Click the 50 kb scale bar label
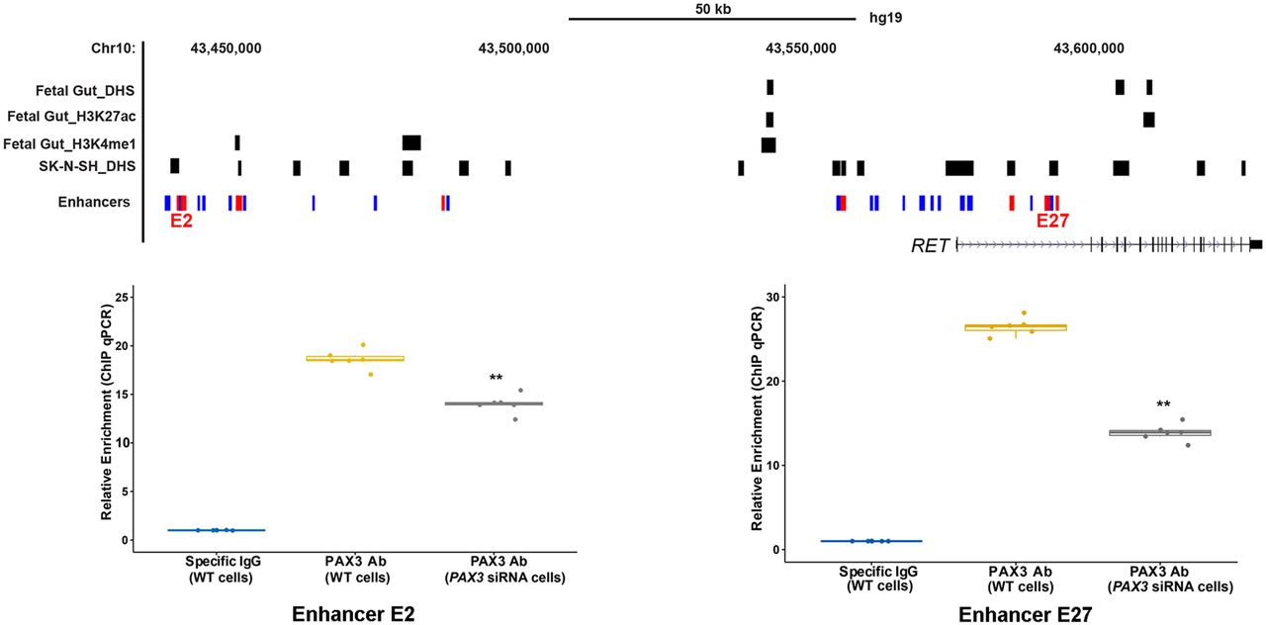712,8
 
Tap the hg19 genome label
885,18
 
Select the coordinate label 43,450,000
226,48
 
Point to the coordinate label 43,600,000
1088,48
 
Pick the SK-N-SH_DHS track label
85,166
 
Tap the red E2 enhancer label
181,222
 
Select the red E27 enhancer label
1052,222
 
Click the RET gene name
930,245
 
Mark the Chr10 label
112,48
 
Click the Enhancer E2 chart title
353,613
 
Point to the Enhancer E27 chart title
1025,614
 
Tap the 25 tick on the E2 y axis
124,297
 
